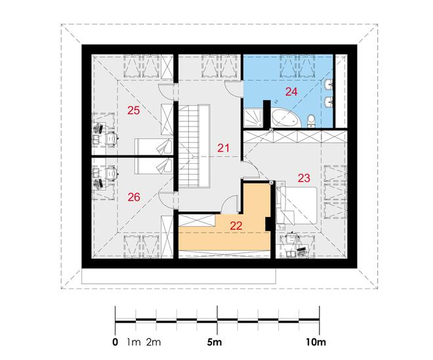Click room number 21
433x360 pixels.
[x=223, y=148]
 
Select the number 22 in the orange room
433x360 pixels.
[x=236, y=226]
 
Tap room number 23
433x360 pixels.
[x=304, y=178]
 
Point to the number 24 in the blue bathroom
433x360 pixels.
[x=291, y=92]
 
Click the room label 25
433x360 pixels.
[x=133, y=110]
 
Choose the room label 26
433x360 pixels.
[x=134, y=197]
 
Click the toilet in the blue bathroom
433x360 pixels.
[x=311, y=121]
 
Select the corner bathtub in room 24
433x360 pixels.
[x=285, y=118]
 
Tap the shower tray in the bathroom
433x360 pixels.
[x=253, y=118]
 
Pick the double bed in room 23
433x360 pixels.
[x=297, y=205]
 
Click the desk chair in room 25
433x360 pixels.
[x=112, y=138]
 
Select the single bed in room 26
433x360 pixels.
[x=154, y=166]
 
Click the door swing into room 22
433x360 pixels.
[x=230, y=205]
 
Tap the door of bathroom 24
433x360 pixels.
[x=234, y=89]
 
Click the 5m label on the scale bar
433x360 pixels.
[x=215, y=342]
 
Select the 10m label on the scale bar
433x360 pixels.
[x=316, y=342]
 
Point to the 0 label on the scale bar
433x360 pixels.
[x=115, y=342]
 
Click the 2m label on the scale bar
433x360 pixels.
[x=154, y=342]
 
